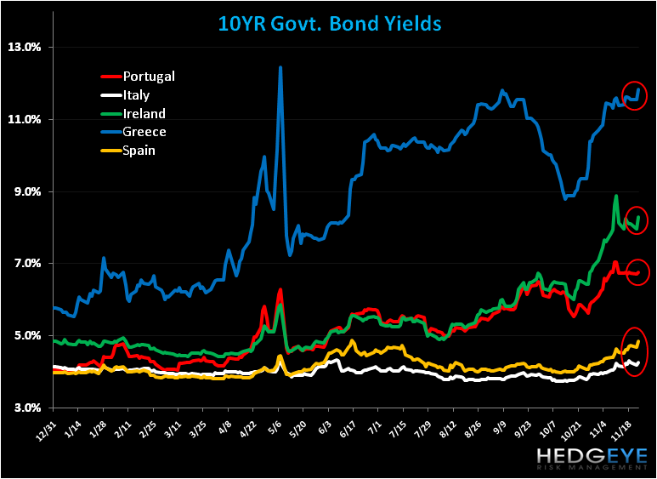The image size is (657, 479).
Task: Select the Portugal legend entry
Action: coord(149,77)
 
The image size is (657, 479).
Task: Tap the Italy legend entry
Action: coord(136,95)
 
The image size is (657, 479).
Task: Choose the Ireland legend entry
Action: coord(144,113)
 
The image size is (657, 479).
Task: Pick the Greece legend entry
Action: coord(144,132)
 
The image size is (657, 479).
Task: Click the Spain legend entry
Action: coord(139,151)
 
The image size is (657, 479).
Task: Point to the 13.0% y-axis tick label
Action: coord(23,48)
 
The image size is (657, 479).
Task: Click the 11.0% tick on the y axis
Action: coord(23,119)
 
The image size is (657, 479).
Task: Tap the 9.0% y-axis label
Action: coord(25,191)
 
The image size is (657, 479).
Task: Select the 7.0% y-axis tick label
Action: coord(25,264)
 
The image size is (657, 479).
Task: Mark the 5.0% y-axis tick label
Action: coord(25,336)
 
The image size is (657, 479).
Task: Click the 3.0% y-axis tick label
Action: coord(25,408)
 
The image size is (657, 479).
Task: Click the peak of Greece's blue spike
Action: coord(280,67)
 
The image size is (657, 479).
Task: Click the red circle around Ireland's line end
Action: coord(637,220)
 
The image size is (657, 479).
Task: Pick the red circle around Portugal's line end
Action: coord(637,272)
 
